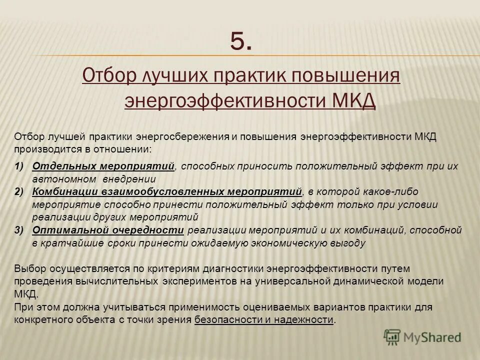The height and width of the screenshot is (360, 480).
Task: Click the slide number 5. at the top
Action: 241,40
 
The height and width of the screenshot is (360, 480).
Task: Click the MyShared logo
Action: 422,337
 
